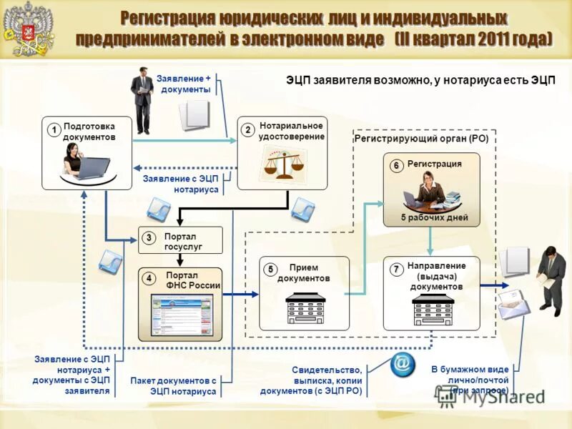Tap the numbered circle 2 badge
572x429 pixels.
pyautogui.click(x=247, y=129)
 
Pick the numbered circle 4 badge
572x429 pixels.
pyautogui.click(x=149, y=278)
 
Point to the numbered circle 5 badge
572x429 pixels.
pyautogui.click(x=270, y=270)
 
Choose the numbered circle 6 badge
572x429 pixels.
pyautogui.click(x=395, y=166)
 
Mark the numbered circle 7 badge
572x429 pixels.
pyautogui.click(x=395, y=270)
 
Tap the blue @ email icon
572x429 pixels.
pyautogui.click(x=403, y=365)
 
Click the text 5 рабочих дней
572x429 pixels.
pyautogui.click(x=434, y=217)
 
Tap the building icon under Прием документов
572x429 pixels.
pyautogui.click(x=305, y=307)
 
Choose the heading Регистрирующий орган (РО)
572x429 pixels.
pyautogui.click(x=421, y=139)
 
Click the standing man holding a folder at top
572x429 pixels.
pyautogui.click(x=142, y=99)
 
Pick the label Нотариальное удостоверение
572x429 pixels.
pyautogui.click(x=292, y=131)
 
